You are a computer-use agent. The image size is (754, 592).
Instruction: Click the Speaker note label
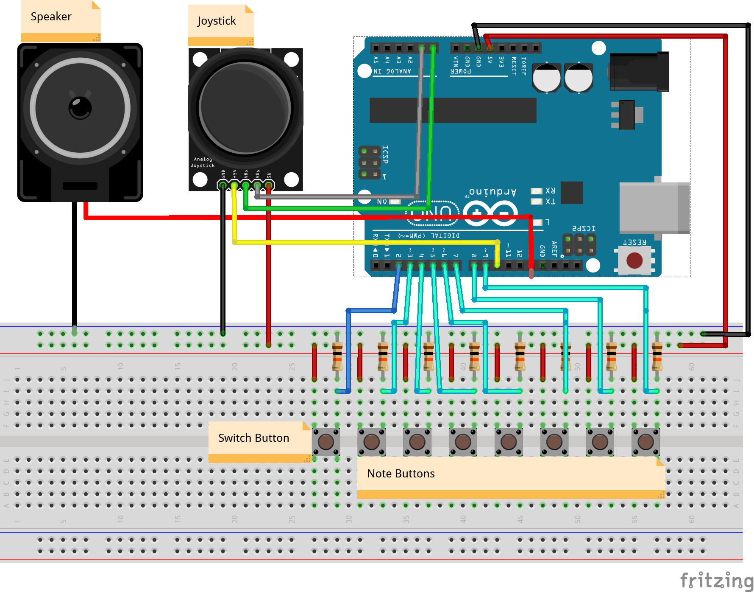click(51, 17)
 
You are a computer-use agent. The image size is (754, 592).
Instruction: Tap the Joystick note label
click(217, 21)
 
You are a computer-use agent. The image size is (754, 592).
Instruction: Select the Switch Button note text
click(253, 438)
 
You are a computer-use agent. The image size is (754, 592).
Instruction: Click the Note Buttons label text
click(401, 474)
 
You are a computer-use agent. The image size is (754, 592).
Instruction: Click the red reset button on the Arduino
click(634, 260)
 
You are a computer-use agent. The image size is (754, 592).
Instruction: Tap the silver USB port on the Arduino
click(654, 208)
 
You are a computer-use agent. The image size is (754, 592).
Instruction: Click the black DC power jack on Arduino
click(639, 72)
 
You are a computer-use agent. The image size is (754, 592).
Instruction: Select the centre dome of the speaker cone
click(80, 107)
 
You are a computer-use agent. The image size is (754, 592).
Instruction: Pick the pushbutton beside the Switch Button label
click(326, 442)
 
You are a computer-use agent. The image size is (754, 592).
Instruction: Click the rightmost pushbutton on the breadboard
click(645, 442)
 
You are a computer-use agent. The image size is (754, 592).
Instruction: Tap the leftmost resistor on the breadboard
click(337, 356)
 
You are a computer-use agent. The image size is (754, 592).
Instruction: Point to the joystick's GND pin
click(223, 185)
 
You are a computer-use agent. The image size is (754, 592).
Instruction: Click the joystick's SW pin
click(269, 185)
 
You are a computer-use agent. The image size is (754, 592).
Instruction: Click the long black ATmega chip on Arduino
click(453, 110)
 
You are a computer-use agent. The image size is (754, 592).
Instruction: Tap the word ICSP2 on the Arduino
click(584, 228)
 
